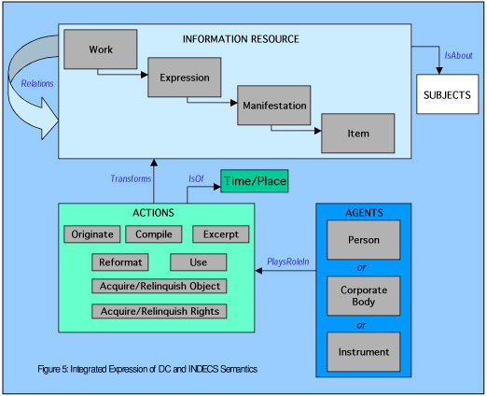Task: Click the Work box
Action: (101, 49)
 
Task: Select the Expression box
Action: (185, 78)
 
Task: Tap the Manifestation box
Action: (274, 106)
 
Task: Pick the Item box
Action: (358, 134)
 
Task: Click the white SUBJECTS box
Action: (448, 94)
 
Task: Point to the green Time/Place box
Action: (255, 181)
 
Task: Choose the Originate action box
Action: (92, 234)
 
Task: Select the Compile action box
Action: (154, 234)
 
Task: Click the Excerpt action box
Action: (221, 234)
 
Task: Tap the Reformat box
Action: (120, 262)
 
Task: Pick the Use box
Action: (199, 262)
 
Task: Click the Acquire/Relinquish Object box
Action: (160, 286)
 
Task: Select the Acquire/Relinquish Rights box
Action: (160, 311)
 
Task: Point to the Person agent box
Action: (364, 240)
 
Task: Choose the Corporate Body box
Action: (364, 296)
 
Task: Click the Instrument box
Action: (364, 352)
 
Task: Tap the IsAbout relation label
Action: (458, 55)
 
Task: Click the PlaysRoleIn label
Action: (288, 262)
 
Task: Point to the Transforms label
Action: (131, 178)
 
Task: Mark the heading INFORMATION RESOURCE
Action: (241, 39)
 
